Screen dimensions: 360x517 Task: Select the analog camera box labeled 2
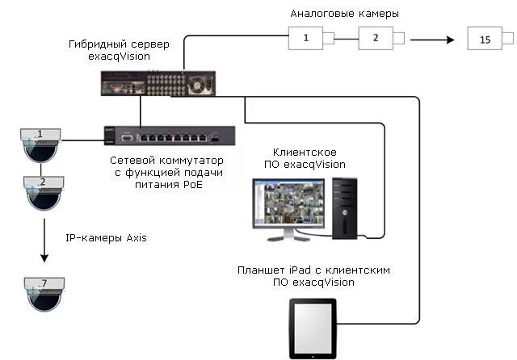coord(375,36)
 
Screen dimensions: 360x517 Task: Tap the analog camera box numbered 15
coord(485,40)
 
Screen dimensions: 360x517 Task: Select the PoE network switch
coord(170,140)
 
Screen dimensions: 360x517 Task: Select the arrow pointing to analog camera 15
coord(432,37)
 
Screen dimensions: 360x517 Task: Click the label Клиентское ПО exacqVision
coord(305,158)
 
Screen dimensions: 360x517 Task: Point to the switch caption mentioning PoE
coord(166,173)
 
